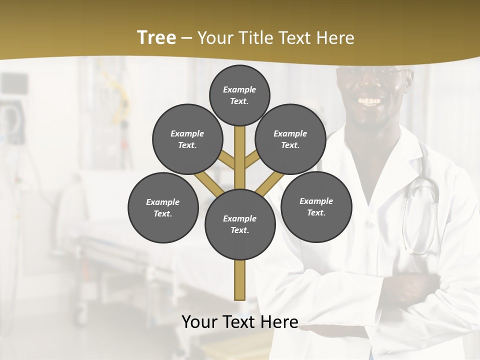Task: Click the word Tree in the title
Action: pyautogui.click(x=156, y=38)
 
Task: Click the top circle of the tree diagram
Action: pyautogui.click(x=239, y=95)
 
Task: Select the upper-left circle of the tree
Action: pyautogui.click(x=187, y=139)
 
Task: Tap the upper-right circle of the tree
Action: pyautogui.click(x=290, y=139)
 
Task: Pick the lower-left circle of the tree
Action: pyautogui.click(x=163, y=207)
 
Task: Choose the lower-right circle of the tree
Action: pyautogui.click(x=316, y=206)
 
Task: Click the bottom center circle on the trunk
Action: pyautogui.click(x=240, y=224)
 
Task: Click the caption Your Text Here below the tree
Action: pyautogui.click(x=240, y=322)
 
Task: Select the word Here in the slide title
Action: pyautogui.click(x=335, y=38)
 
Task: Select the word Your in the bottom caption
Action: pyautogui.click(x=199, y=322)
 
